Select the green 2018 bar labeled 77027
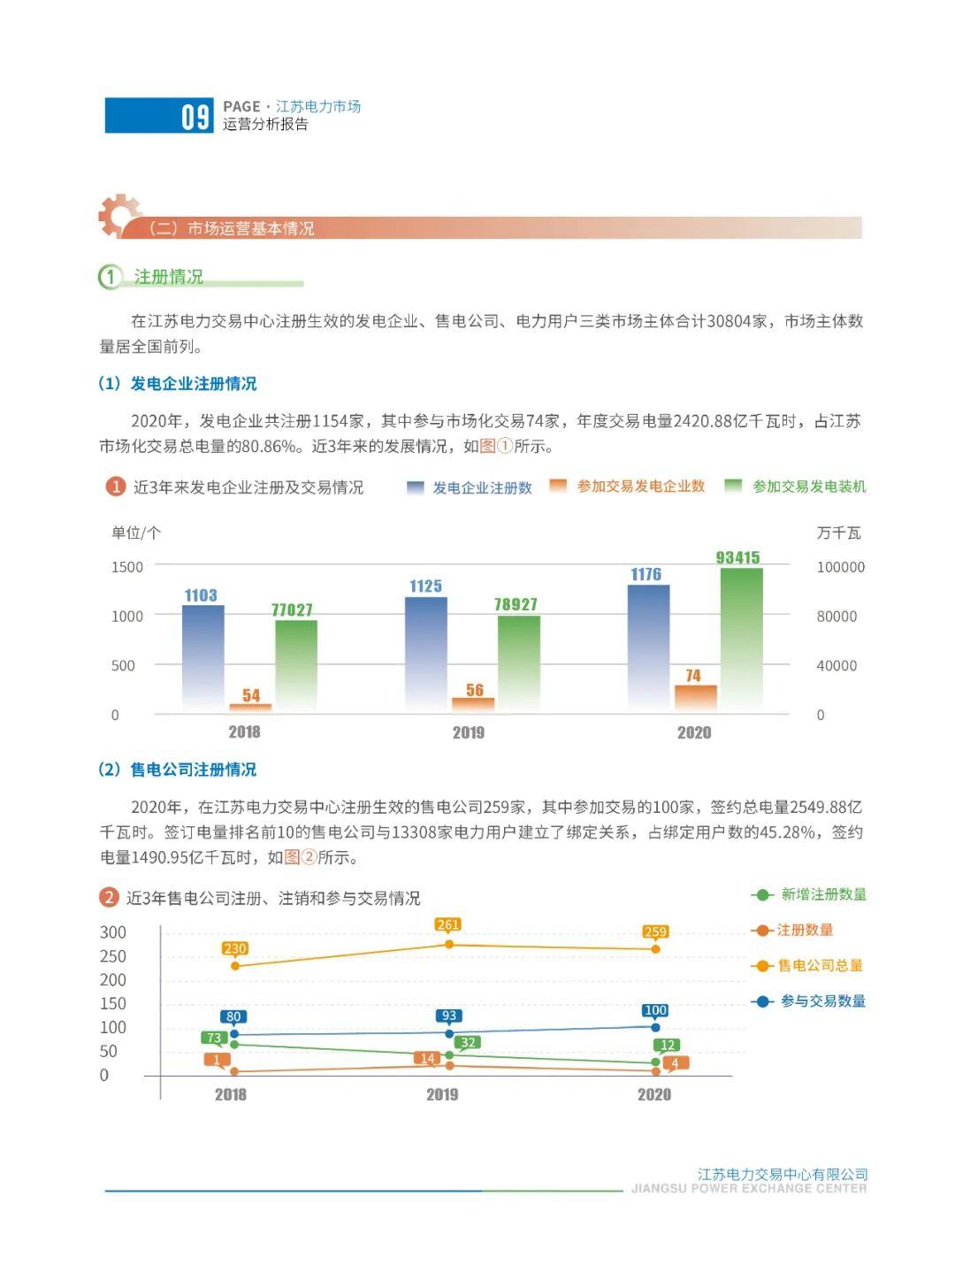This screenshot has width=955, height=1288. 296,666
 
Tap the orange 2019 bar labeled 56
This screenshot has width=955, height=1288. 473,705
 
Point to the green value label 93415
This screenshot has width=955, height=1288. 737,557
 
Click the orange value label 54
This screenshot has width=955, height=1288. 251,695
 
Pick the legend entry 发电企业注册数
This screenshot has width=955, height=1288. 469,487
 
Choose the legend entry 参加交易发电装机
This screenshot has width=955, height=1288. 795,486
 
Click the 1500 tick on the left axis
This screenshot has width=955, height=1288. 127,567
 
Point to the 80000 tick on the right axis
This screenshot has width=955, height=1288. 836,616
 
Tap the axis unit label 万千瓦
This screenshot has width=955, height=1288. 838,533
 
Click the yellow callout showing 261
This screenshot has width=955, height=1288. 447,924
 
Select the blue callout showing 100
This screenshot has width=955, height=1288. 655,1010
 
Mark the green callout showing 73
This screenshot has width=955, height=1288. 214,1038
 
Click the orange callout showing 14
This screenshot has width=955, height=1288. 427,1058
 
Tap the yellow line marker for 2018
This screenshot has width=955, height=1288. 235,966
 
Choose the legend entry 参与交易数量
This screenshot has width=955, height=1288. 808,1000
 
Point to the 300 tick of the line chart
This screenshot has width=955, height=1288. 112,932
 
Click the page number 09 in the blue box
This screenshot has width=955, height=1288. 195,117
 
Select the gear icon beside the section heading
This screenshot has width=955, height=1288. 119,215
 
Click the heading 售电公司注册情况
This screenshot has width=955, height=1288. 193,770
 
